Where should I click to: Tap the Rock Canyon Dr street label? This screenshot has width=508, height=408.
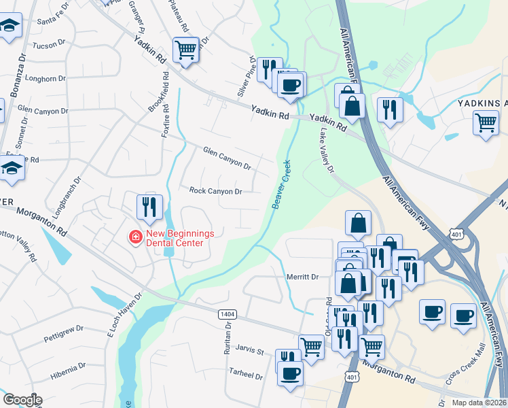click(215, 192)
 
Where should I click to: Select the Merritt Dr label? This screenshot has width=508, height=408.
click(302, 277)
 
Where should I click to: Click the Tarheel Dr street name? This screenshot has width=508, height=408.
click(245, 375)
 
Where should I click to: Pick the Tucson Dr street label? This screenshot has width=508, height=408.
click(48, 45)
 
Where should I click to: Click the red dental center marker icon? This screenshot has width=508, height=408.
click(136, 237)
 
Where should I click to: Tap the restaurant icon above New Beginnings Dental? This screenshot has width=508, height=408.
click(149, 206)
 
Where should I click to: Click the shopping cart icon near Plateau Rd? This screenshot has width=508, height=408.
click(185, 49)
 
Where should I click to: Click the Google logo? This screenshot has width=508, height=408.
click(22, 400)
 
